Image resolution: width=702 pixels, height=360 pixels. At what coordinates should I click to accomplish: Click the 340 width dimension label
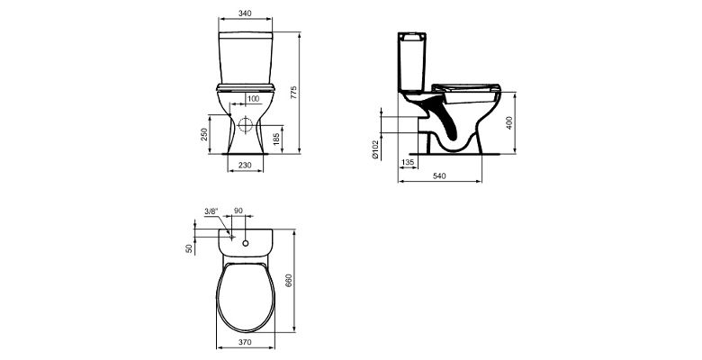pos(245,13)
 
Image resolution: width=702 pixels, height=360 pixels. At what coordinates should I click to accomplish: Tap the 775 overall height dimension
pos(293,92)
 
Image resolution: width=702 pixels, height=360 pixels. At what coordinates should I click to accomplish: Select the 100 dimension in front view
pos(254,98)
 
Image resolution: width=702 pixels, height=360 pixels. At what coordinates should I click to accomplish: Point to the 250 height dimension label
pos(204,134)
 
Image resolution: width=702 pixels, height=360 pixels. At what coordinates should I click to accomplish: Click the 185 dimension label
pos(276,139)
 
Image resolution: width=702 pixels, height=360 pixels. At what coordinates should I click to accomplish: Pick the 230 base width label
pos(245,166)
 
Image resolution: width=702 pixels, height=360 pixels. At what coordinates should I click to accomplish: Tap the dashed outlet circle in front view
pos(246,125)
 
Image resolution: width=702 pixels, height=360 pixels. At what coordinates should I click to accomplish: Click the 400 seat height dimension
pos(509,122)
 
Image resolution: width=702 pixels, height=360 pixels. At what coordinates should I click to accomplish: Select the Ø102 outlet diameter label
pos(375,149)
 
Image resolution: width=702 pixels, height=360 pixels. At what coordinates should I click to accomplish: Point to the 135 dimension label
pos(408,163)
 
